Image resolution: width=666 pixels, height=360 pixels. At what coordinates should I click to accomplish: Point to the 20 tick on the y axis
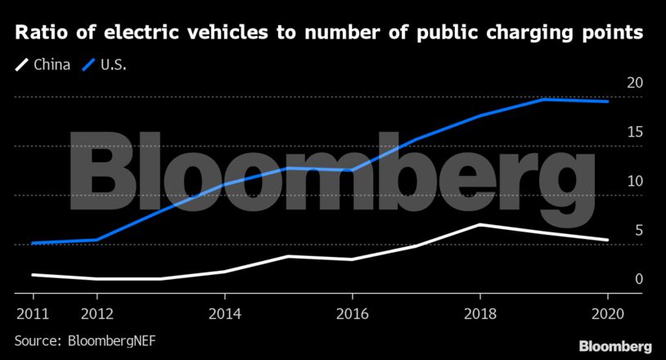634,83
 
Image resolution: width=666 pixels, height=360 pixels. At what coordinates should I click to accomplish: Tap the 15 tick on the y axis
634,133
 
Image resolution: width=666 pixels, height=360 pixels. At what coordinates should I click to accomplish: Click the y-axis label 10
634,182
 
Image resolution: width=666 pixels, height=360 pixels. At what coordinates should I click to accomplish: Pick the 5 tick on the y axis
637,231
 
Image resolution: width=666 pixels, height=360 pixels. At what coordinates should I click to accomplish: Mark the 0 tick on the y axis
637,280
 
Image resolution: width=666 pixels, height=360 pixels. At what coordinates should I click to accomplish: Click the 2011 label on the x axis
33,313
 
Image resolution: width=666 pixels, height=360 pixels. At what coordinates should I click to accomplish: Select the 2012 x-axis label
97,313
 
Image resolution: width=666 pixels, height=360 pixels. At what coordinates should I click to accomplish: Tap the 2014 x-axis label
224,313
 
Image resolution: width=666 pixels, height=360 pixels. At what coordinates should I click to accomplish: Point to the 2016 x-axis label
352,313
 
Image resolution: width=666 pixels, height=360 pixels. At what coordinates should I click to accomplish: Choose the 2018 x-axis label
479,313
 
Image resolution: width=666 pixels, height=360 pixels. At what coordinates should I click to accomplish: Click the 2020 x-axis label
607,313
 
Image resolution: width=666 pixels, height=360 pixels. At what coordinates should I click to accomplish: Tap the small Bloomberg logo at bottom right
615,345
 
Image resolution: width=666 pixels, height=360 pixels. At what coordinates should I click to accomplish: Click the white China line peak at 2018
479,224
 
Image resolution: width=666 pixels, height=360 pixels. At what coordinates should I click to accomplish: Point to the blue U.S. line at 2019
543,99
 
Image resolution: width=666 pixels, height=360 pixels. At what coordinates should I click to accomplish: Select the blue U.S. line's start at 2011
33,243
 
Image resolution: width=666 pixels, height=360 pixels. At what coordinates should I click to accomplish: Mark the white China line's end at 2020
607,240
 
